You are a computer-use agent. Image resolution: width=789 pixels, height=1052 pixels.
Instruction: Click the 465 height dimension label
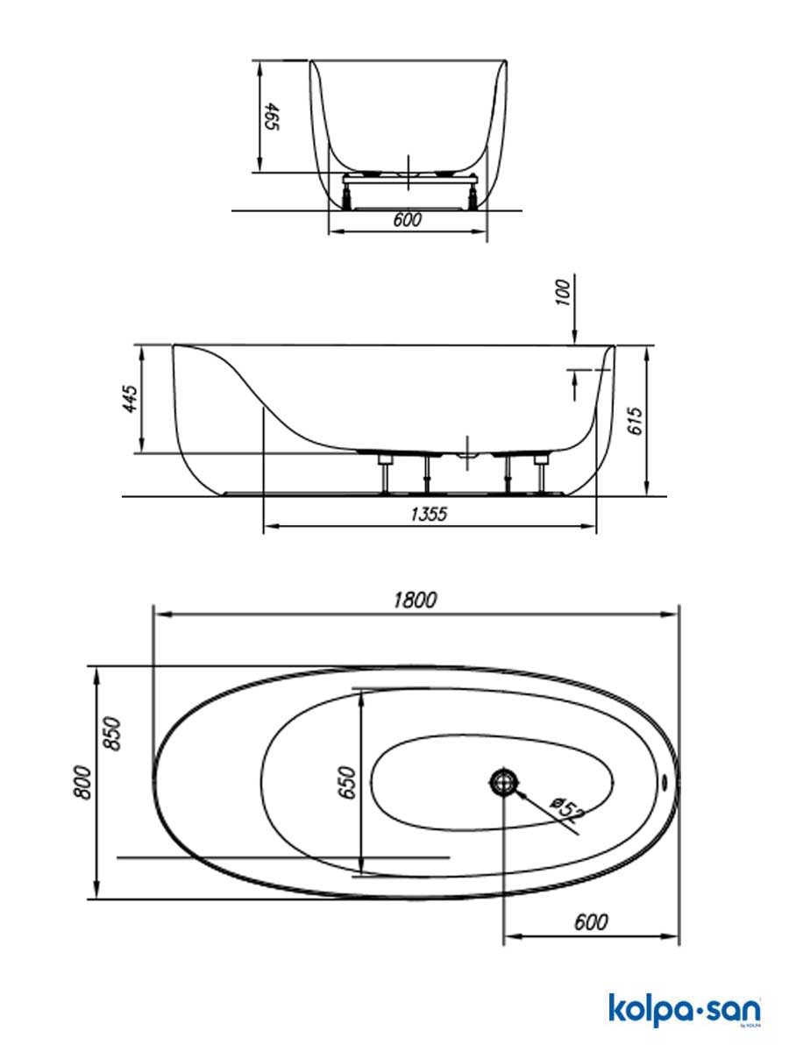tap(272, 117)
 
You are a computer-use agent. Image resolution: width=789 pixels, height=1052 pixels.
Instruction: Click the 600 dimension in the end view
tap(407, 220)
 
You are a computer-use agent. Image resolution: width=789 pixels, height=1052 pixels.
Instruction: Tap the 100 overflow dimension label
tap(565, 293)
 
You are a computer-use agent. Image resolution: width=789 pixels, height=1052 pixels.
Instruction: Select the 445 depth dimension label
tap(130, 398)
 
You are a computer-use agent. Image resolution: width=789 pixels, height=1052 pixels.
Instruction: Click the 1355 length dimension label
tap(429, 515)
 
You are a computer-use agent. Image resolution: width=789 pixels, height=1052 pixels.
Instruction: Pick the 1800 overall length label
tap(416, 600)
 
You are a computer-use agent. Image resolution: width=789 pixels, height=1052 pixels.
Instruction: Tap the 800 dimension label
tap(82, 783)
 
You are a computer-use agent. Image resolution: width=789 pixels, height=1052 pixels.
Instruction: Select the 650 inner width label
tap(347, 783)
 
